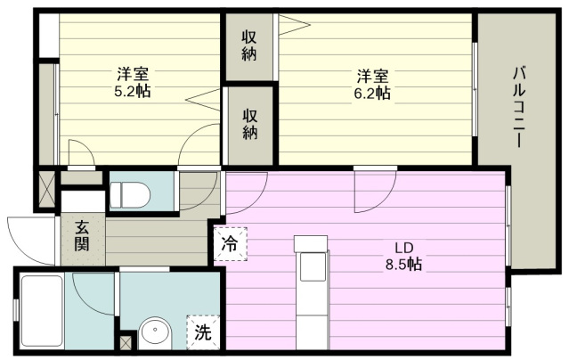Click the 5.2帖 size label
point(130,91)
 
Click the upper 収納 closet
point(249,46)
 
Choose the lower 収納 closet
point(249,125)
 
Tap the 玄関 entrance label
point(81,235)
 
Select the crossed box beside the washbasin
point(127,340)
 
